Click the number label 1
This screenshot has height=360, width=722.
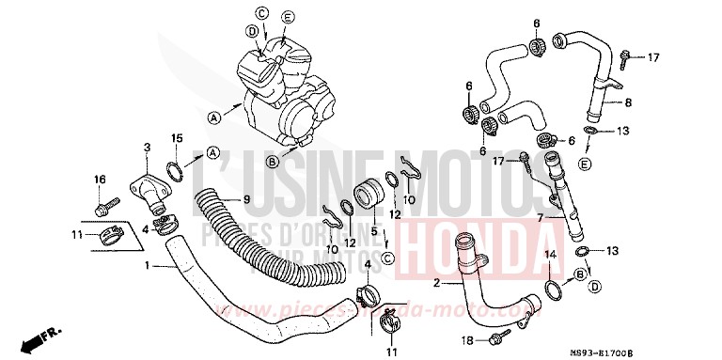click(148, 266)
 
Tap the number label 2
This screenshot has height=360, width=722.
click(436, 283)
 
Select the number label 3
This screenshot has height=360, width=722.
click(148, 148)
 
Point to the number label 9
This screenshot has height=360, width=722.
click(248, 199)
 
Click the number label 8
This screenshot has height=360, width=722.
click(629, 102)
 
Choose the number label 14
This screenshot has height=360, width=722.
click(551, 254)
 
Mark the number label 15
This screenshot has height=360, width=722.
click(175, 139)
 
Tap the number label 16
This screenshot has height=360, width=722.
click(99, 179)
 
